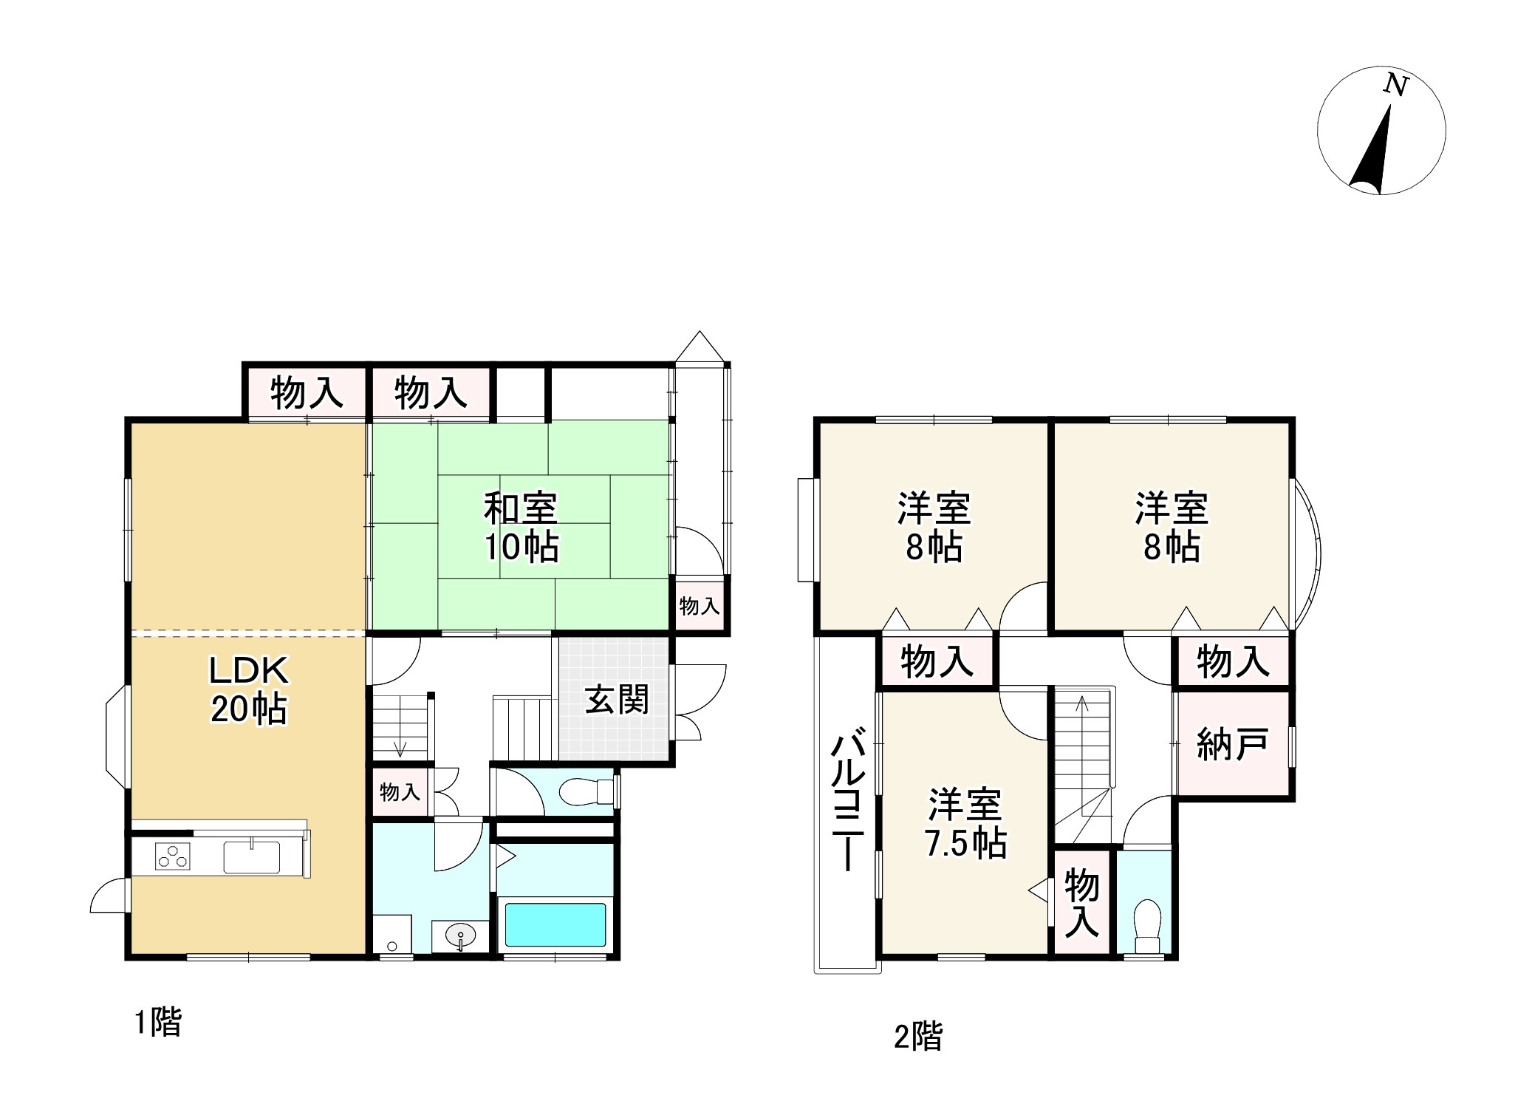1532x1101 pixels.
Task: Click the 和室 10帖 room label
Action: click(x=521, y=527)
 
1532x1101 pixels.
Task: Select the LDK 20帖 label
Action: click(x=248, y=689)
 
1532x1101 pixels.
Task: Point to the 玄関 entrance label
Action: click(x=617, y=700)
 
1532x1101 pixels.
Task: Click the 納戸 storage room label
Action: click(x=1232, y=744)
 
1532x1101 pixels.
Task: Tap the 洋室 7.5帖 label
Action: click(x=965, y=823)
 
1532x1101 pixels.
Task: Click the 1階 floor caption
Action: click(x=157, y=1023)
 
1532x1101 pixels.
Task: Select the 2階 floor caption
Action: click(x=918, y=1036)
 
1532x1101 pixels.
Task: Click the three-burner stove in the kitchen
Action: click(x=172, y=856)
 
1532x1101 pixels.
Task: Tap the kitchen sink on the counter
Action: click(x=252, y=857)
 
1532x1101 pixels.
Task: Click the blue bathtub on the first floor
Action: click(x=554, y=924)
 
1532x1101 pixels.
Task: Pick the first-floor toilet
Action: click(x=586, y=793)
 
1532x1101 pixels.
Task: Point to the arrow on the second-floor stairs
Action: click(x=1082, y=704)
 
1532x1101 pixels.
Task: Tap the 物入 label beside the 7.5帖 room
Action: click(x=1081, y=903)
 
